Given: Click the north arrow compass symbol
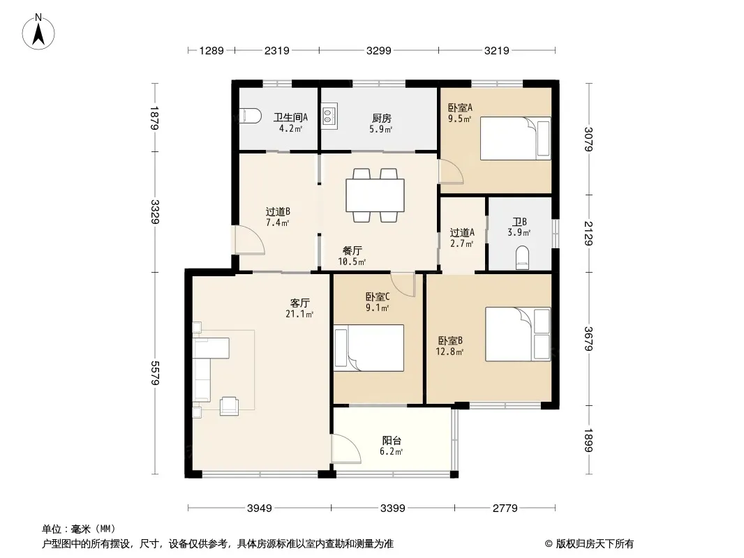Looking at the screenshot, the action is [38, 32].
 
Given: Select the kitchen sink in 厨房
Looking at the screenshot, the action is [329, 115].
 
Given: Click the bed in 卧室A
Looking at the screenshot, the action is [515, 138].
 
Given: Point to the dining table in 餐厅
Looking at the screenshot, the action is [375, 195].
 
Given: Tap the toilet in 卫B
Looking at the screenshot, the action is [522, 257].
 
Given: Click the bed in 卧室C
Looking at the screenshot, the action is [369, 347].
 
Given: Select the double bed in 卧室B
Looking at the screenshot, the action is [518, 334].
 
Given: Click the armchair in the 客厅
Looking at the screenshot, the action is [230, 405].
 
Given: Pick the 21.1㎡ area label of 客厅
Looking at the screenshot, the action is [299, 314].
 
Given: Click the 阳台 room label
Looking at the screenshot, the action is [392, 440].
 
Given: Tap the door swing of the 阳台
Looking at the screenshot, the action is [346, 449].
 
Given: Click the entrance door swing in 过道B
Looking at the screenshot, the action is [250, 240].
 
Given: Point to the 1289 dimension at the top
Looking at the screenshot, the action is [211, 50].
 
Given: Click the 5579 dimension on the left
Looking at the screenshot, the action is [155, 373].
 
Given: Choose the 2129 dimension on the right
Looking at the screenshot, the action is [588, 233].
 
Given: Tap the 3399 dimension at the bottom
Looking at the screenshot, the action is [393, 508].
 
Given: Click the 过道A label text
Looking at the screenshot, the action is [461, 233].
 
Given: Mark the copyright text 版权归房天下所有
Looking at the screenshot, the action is [595, 544].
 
